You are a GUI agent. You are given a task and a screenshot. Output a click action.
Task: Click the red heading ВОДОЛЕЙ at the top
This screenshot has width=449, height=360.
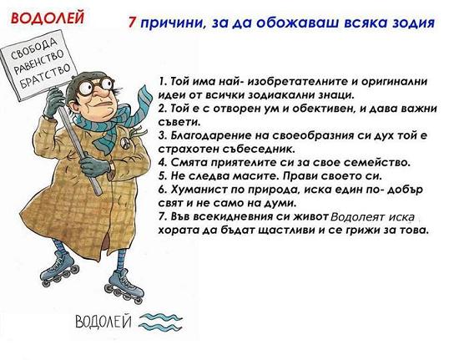tap(48, 18)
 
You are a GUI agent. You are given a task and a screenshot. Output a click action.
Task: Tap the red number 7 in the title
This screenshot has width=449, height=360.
tap(132, 22)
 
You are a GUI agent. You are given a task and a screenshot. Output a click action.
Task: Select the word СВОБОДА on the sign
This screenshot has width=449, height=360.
tap(33, 48)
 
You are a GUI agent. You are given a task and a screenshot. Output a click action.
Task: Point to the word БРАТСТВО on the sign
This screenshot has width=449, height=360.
tap(46, 76)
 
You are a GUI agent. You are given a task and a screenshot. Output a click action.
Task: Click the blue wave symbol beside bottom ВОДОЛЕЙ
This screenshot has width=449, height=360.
tap(160, 322)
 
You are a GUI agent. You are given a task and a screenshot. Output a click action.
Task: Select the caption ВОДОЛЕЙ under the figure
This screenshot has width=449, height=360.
tap(103, 322)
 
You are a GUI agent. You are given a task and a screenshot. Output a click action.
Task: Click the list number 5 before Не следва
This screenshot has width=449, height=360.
tap(163, 176)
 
